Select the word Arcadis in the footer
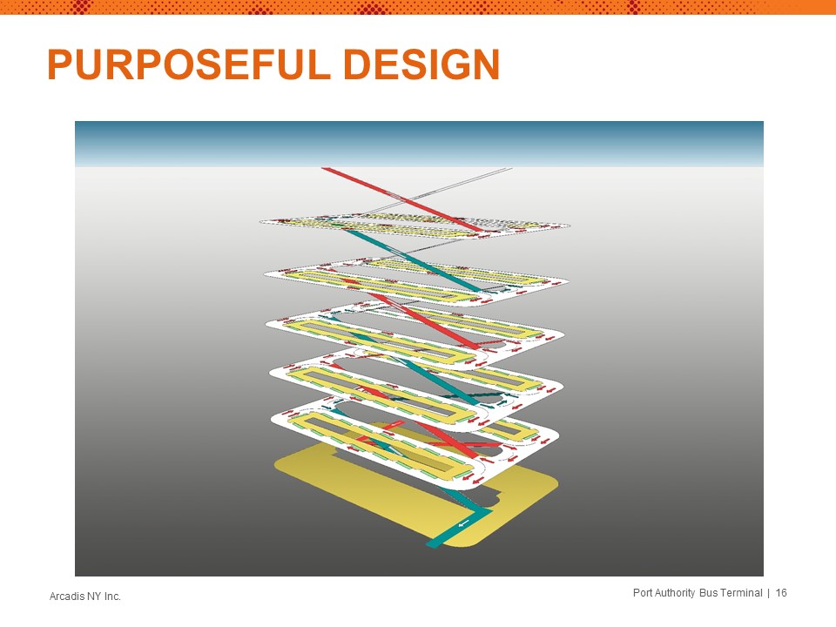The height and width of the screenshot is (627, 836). point(65,596)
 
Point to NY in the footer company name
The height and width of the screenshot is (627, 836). point(91,596)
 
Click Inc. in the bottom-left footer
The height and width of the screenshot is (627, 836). point(111,596)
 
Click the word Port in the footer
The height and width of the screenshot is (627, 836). point(643,593)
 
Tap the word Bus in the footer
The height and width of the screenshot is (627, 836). point(707,593)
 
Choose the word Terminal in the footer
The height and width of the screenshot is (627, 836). point(741,593)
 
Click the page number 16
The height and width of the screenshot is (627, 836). point(781,593)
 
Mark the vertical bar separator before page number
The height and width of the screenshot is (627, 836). point(769,593)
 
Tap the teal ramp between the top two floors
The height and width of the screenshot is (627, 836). point(413,260)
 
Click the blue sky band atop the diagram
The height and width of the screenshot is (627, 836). point(419,144)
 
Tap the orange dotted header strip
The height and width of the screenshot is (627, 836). point(418,7)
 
